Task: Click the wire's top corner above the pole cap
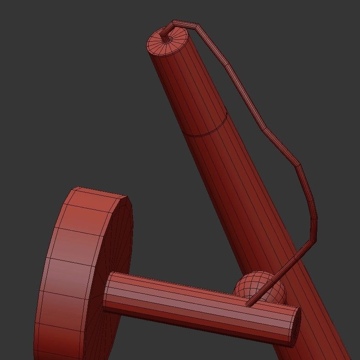click(x=174, y=22)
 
